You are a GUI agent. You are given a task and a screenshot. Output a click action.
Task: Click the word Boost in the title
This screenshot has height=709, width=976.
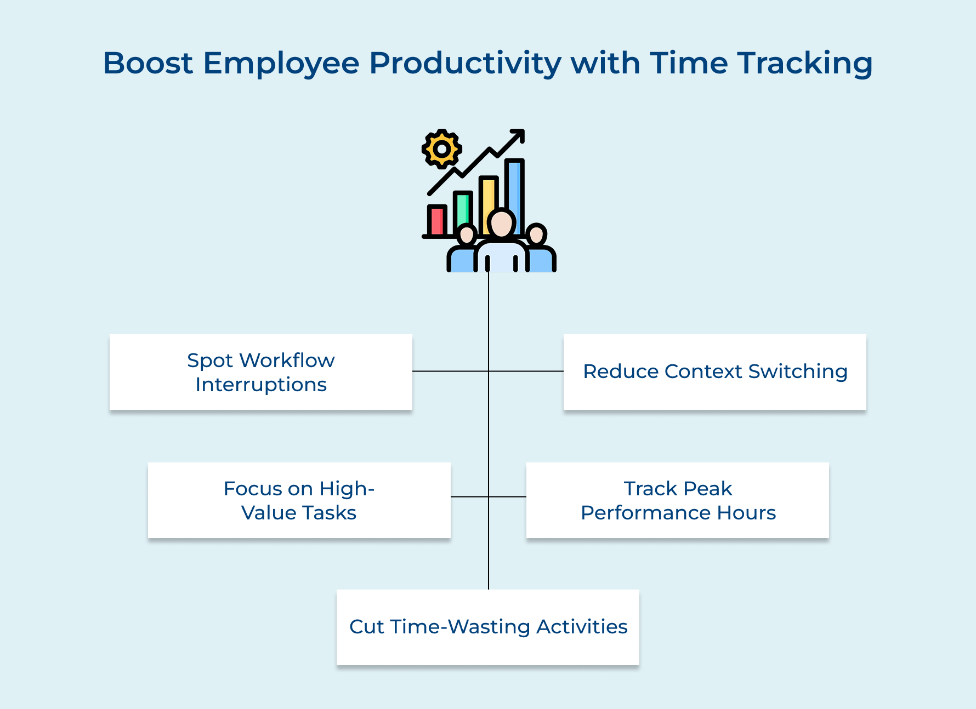147,63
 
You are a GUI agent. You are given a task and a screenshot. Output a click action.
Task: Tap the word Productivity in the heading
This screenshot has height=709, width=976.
465,63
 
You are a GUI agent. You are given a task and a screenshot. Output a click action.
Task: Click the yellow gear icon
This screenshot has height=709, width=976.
441,148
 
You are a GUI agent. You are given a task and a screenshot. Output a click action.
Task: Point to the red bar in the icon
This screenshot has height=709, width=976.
437,220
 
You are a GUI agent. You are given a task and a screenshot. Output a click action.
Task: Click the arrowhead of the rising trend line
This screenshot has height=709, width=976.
519,135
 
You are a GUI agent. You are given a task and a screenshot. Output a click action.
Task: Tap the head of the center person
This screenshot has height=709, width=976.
501,223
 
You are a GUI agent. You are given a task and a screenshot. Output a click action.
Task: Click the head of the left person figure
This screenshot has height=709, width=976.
467,235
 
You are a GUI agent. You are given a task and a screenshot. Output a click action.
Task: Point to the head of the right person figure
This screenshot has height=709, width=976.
536,235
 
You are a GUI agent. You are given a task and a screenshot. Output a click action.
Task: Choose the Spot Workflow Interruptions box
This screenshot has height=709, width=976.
261,372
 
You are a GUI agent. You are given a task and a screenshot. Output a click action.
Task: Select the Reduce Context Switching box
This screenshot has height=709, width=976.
714,372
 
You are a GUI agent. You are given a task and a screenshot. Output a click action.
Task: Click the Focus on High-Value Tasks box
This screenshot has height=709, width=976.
299,500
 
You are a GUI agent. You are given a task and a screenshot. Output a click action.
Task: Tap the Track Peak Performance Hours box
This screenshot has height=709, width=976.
678,500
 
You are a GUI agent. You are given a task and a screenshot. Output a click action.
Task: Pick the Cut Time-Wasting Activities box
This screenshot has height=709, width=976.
488,627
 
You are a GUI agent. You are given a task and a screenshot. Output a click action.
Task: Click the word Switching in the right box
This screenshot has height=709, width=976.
798,372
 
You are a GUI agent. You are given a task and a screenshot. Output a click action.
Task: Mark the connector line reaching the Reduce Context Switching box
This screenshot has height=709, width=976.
526,371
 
